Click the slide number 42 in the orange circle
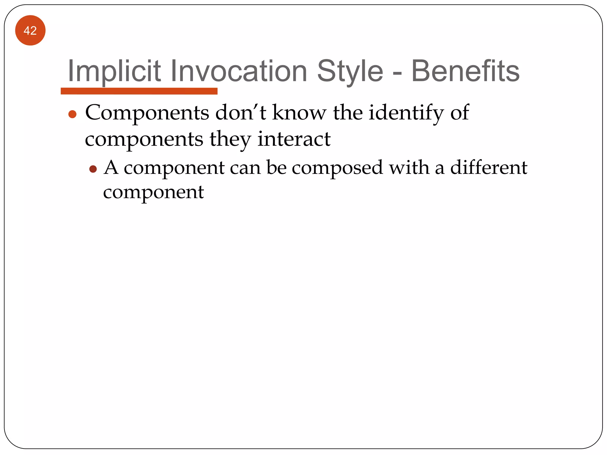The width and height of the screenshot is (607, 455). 30,31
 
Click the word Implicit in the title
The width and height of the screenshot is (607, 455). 114,71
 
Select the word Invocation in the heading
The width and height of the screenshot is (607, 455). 239,71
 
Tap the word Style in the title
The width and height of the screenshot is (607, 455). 350,71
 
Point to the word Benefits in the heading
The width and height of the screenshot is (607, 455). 465,71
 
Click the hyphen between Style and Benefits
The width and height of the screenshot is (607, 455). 397,73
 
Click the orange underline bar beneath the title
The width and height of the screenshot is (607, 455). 139,91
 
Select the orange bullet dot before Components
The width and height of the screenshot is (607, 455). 72,114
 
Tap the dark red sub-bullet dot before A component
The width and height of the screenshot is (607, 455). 93,169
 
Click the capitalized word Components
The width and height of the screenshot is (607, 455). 147,113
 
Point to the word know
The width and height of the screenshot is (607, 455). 299,113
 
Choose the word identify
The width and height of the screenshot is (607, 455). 406,113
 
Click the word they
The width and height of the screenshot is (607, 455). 231,139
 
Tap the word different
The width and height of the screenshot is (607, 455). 489,167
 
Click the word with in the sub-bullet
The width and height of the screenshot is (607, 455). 409,167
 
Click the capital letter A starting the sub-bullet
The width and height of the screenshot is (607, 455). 111,167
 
